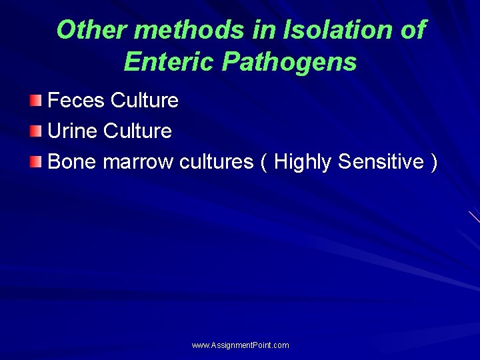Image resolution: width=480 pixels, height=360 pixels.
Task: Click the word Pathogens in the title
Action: point(289,62)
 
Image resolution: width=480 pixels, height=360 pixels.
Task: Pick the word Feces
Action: point(77,101)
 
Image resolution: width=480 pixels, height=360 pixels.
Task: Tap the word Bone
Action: point(73,162)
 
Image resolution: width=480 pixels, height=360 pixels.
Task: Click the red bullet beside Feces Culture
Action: point(35,101)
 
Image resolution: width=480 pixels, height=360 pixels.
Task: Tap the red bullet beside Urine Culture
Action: point(35,131)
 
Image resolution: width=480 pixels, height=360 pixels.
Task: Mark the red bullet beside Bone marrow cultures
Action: point(35,162)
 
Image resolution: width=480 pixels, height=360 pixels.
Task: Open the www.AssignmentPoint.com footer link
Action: point(240,345)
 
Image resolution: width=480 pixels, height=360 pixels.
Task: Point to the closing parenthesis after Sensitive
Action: point(434,162)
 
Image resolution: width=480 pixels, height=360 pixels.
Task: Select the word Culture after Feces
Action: point(145,101)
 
